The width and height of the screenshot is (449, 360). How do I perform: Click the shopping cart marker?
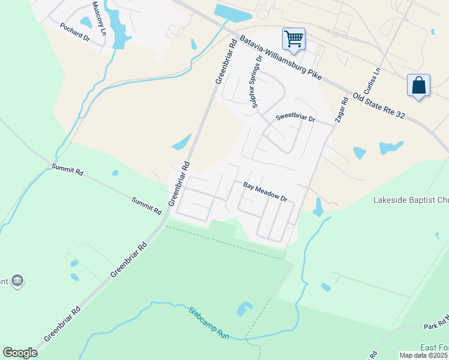click(294, 39)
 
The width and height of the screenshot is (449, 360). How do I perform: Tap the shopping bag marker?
click(418, 85)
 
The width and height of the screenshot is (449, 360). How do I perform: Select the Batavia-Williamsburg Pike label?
click(281, 59)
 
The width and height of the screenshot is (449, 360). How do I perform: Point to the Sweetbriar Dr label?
click(295, 119)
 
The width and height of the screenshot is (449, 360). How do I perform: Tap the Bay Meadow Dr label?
click(265, 191)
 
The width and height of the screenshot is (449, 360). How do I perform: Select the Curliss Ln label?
click(376, 79)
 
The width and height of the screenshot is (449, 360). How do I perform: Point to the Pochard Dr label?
click(74, 32)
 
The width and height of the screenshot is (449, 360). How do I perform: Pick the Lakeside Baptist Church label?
click(411, 200)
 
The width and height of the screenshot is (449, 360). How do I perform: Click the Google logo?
click(20, 353)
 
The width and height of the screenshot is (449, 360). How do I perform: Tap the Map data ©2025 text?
click(424, 355)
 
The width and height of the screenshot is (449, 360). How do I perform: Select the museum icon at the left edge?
click(17, 281)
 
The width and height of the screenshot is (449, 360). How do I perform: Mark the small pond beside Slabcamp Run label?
click(244, 308)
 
